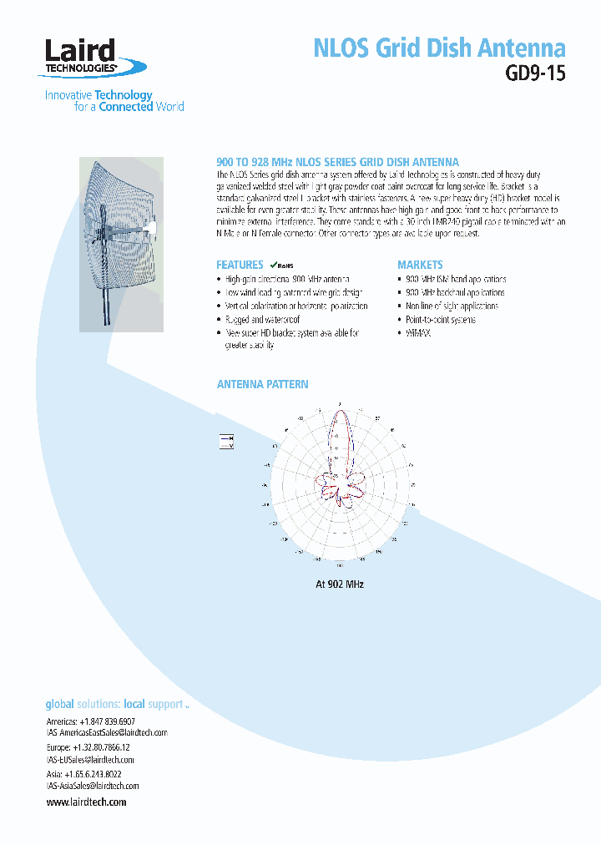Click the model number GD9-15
click(535, 73)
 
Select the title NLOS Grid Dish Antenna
click(439, 48)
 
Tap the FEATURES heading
click(240, 265)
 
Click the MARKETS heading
click(420, 265)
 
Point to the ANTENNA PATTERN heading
click(262, 385)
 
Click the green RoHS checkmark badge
click(279, 265)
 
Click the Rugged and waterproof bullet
click(262, 320)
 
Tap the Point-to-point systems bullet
click(440, 320)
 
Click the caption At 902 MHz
click(340, 584)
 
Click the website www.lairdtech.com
click(87, 802)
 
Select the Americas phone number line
click(90, 721)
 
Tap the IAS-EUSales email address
click(91, 760)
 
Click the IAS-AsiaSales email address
click(93, 786)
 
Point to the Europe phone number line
click(88, 747)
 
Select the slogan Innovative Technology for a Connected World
click(114, 101)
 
